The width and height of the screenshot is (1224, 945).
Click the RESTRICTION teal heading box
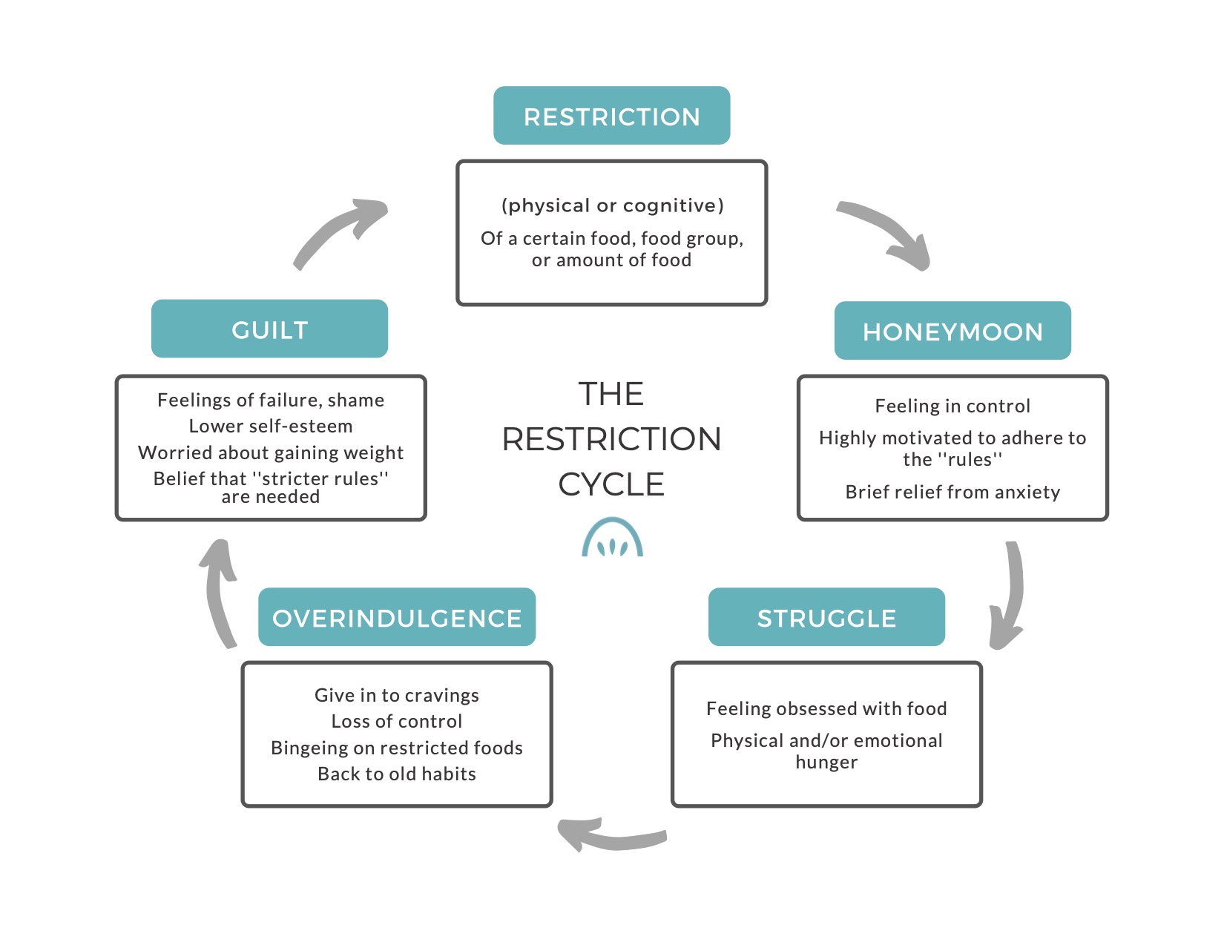click(612, 116)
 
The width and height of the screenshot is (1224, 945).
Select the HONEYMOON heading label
click(952, 331)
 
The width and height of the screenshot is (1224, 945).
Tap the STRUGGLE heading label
click(826, 617)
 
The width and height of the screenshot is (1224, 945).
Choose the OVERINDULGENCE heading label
click(397, 617)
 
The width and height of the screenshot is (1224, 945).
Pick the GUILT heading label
click(269, 329)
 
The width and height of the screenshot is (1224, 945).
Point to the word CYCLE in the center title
click(611, 484)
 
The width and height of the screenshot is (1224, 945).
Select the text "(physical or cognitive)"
click(612, 205)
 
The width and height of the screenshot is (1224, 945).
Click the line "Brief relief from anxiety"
click(952, 493)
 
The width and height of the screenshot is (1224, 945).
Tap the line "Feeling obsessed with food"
click(826, 708)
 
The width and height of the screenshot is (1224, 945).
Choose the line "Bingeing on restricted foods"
click(397, 748)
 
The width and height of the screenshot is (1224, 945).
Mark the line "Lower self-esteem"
click(270, 427)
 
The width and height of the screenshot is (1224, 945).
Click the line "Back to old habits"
click(397, 774)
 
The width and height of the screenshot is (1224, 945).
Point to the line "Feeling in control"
click(952, 406)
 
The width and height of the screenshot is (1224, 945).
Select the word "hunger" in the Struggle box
click(826, 762)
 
